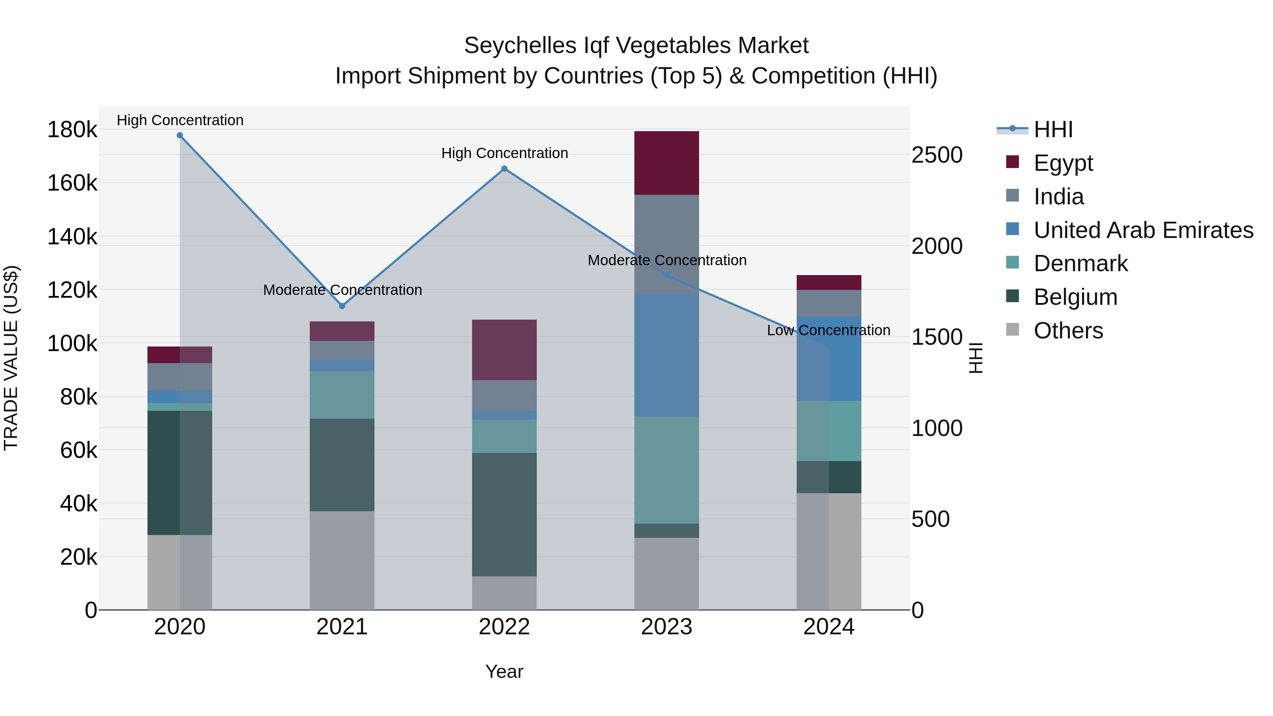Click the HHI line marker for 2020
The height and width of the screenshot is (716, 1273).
[180, 135]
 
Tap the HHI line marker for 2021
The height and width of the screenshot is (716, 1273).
[342, 306]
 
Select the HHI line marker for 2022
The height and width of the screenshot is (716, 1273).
[504, 169]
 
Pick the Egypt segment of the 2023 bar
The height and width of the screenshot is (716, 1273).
[666, 163]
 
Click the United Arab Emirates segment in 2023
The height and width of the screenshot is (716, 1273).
[666, 355]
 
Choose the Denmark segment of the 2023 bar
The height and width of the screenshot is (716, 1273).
[666, 470]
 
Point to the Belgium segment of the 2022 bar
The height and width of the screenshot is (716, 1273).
[504, 514]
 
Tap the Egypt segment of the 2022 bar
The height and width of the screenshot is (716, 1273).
[504, 350]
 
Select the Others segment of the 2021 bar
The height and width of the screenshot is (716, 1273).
[342, 560]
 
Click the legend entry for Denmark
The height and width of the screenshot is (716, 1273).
[1080, 263]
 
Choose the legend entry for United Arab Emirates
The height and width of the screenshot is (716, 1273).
[1143, 230]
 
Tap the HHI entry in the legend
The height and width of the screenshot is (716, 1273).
[1053, 129]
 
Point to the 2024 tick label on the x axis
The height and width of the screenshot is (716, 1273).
[829, 627]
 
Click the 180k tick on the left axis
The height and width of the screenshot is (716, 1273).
[72, 130]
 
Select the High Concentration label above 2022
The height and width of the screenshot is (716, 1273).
[504, 153]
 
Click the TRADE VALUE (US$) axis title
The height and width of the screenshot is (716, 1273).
[11, 358]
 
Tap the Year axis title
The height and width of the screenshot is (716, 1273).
[504, 671]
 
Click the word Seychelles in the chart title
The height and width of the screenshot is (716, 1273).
[520, 46]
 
